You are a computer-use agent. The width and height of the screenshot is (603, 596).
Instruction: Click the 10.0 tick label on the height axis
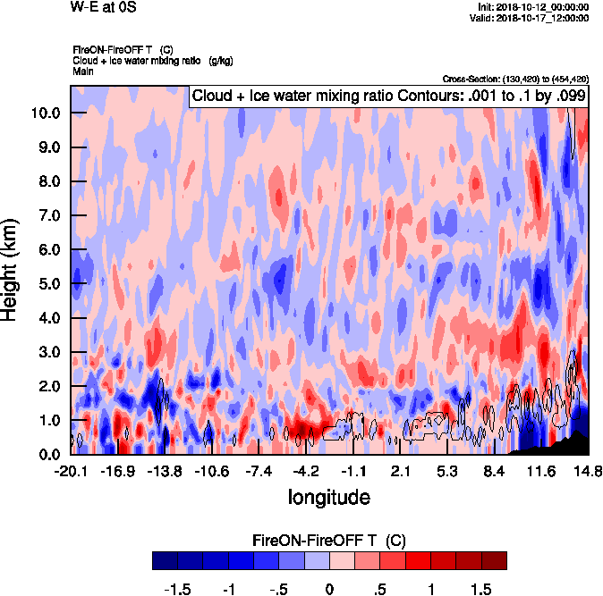click(x=45, y=113)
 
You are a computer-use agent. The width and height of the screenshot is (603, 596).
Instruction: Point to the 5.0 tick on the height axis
click(x=45, y=284)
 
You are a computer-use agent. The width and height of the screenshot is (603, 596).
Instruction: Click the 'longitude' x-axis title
click(x=328, y=495)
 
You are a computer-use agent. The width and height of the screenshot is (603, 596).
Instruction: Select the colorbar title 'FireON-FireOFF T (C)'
click(x=329, y=541)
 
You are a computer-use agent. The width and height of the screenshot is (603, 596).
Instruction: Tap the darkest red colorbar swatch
click(x=494, y=560)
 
